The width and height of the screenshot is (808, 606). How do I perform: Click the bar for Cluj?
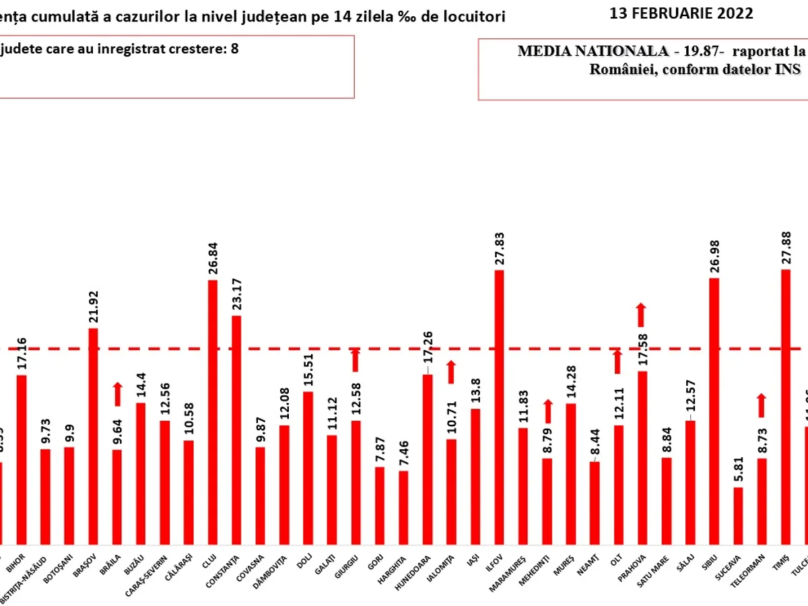click(213, 411)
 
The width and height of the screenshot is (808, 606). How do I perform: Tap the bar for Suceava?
click(738, 515)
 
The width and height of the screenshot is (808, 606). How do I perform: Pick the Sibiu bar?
click(714, 410)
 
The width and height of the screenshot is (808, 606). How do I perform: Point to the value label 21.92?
click(94, 307)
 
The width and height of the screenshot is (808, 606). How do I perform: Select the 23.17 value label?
click(236, 295)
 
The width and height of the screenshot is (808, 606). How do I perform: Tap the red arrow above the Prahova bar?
click(641, 314)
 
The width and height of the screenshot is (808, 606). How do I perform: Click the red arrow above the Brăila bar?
click(117, 394)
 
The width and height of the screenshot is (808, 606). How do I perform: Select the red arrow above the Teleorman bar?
click(762, 405)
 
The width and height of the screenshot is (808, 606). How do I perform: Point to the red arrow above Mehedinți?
click(547, 411)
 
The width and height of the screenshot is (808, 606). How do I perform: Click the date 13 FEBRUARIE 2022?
click(681, 13)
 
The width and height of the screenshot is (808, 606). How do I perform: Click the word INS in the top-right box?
click(788, 69)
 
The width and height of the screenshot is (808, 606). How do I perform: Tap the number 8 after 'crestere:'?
click(234, 48)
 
